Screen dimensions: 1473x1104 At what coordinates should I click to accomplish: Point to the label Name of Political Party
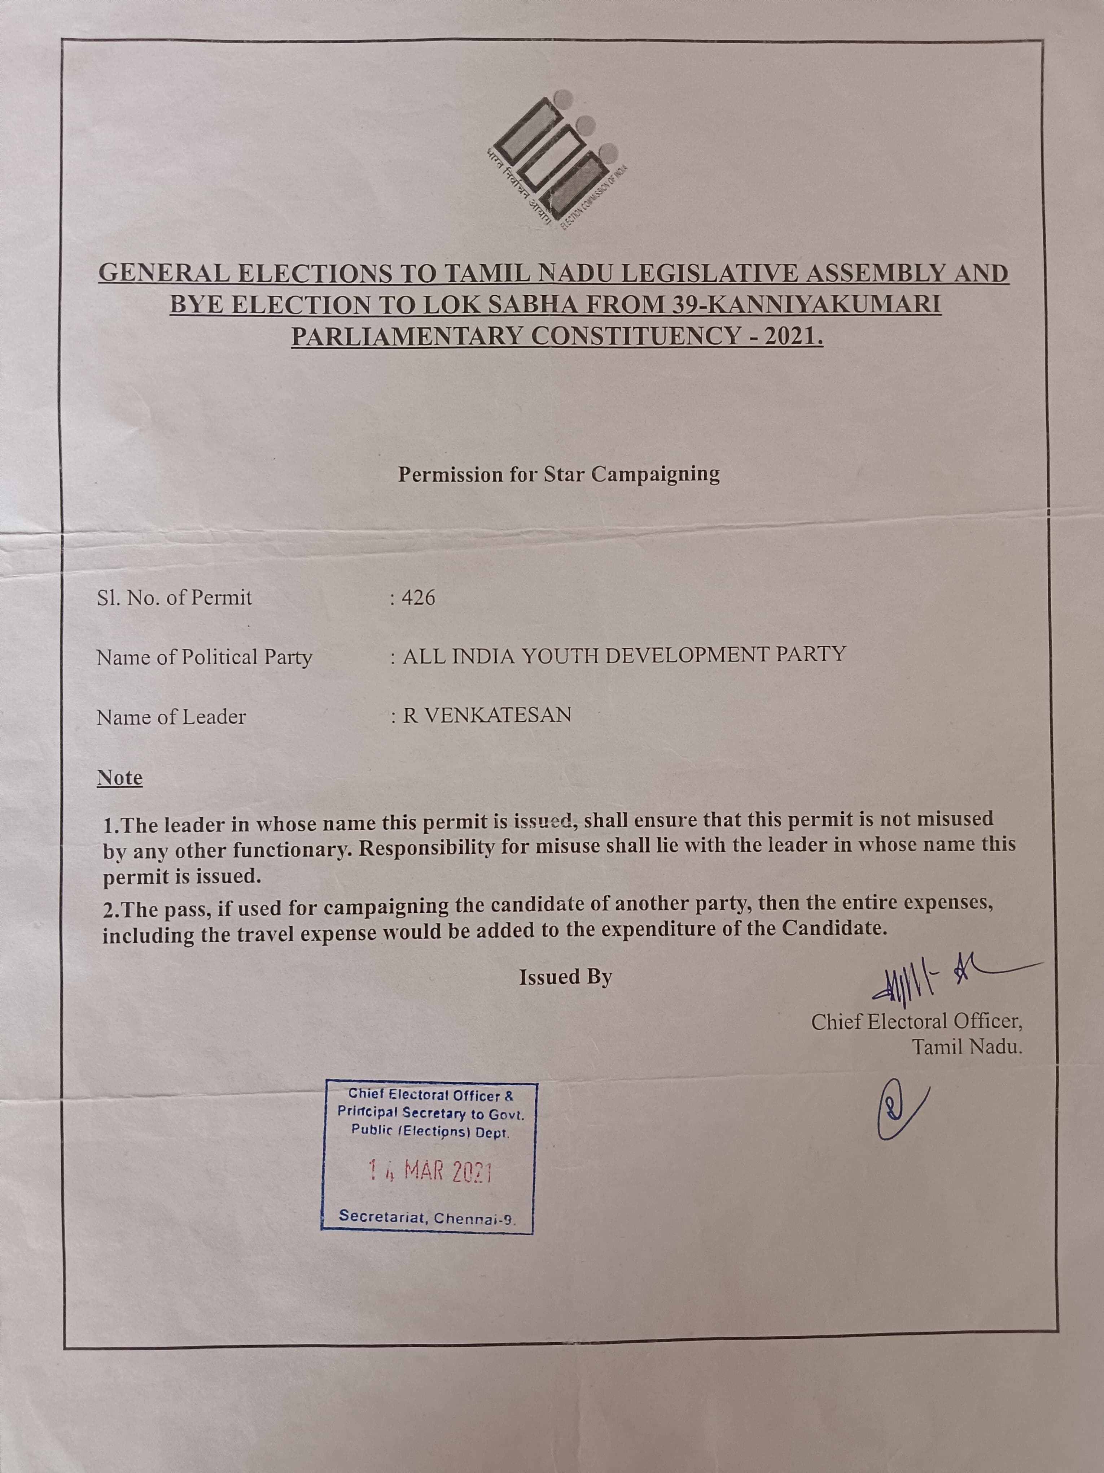tap(204, 657)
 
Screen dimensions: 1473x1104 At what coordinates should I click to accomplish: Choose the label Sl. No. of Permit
tap(174, 598)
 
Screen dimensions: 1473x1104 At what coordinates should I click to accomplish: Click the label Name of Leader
tap(171, 717)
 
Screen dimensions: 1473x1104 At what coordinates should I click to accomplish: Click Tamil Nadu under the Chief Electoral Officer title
tap(966, 1047)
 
